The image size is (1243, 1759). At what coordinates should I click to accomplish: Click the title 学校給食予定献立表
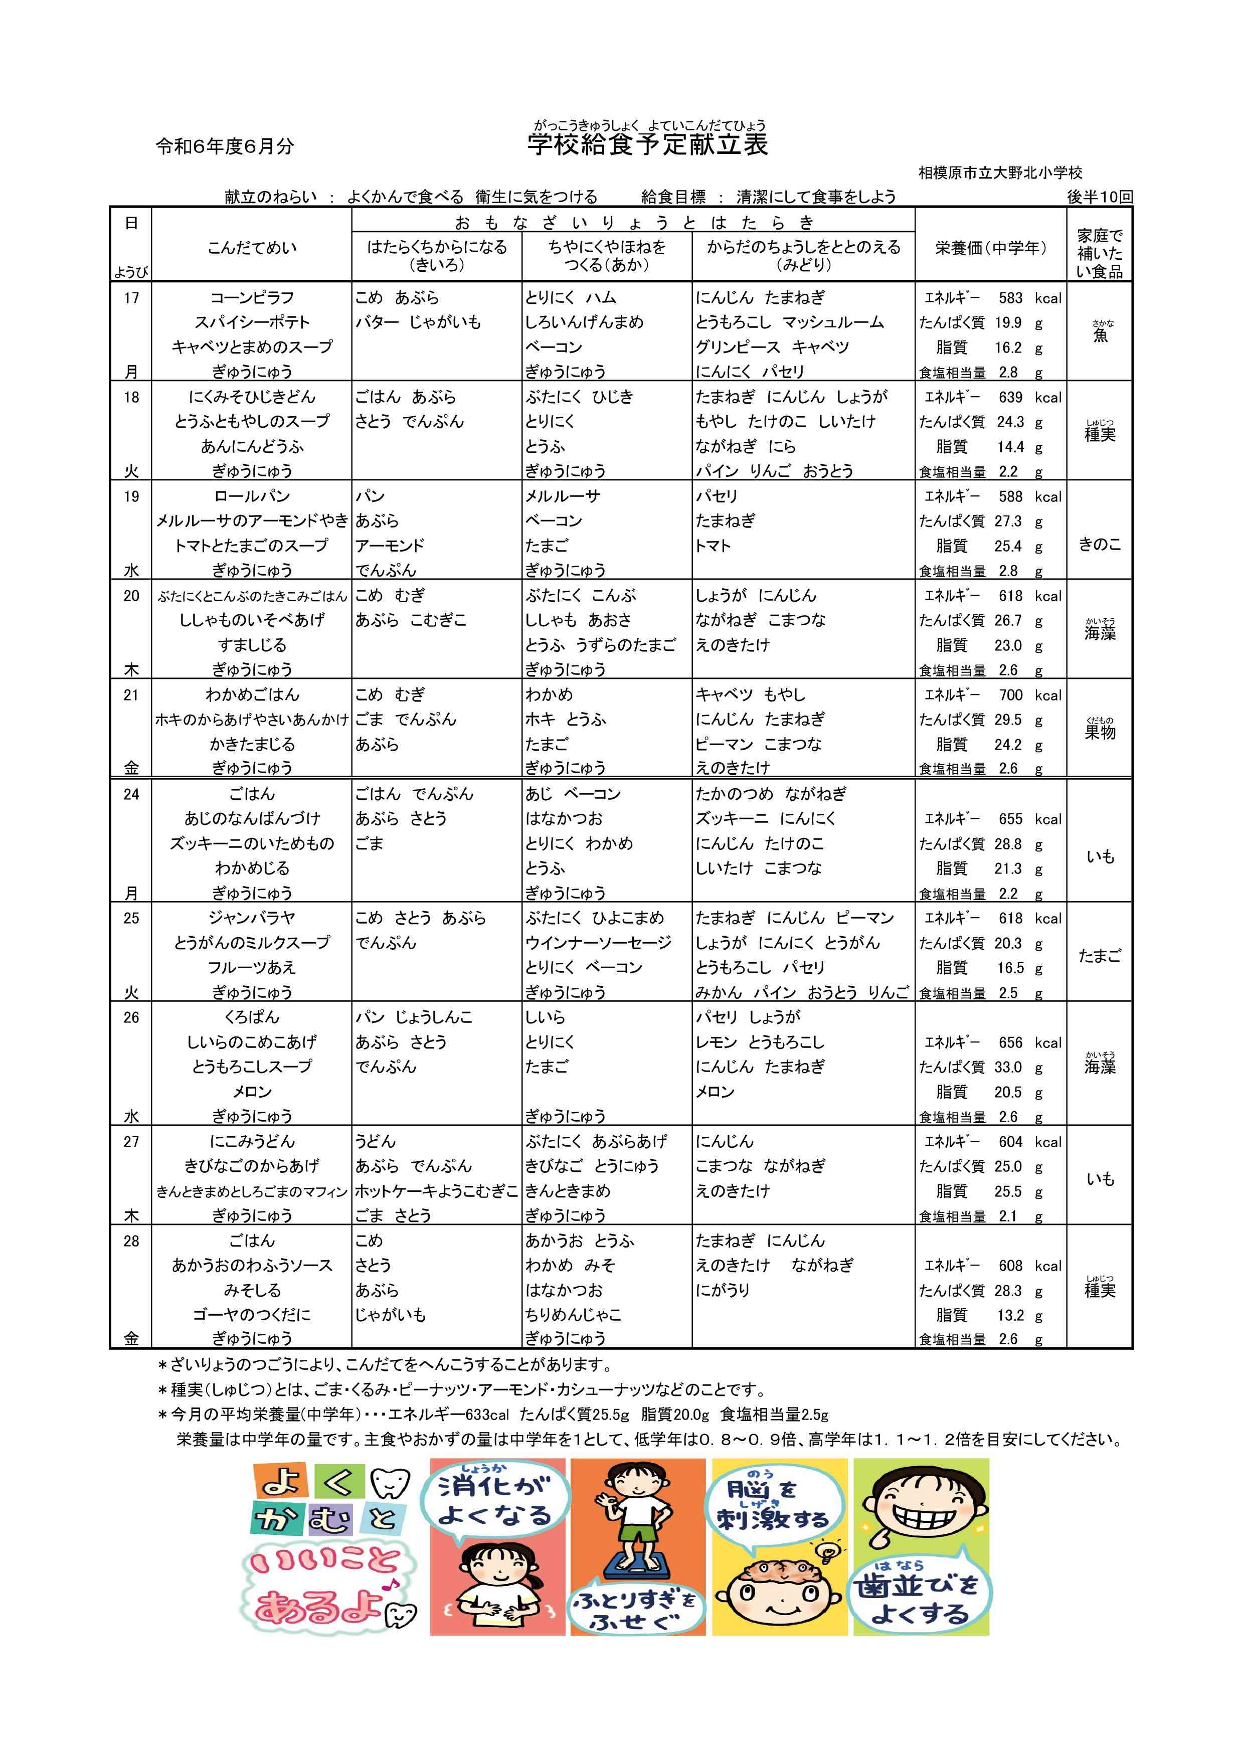coord(647,145)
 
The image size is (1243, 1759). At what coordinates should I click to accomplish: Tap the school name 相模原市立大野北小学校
coord(1000,173)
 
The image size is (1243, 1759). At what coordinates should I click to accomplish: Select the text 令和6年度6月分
coord(225,146)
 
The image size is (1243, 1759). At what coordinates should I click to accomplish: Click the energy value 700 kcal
coord(1010,695)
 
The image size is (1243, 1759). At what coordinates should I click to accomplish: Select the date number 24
coord(132,794)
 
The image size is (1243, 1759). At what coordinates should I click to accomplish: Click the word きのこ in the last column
coord(1099,545)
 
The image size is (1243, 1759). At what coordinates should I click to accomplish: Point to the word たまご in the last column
coord(1099,955)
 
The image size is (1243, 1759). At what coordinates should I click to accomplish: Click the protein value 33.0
coord(1008,1067)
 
